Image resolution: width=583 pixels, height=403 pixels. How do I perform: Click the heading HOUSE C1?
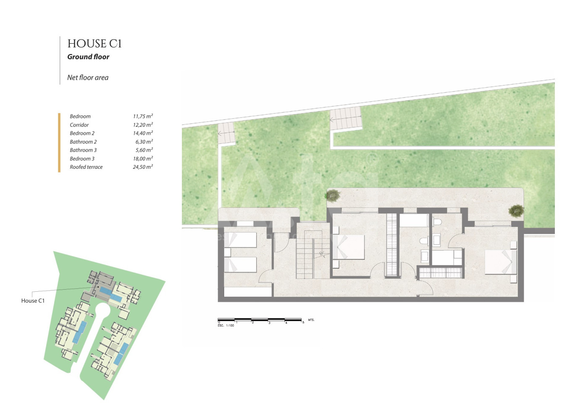[95, 43]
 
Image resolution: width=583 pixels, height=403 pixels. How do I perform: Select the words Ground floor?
[88, 57]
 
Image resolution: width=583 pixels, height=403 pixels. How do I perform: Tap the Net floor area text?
[88, 78]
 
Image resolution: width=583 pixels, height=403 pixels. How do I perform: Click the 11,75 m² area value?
[143, 116]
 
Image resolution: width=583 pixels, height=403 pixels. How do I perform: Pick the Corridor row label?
[79, 125]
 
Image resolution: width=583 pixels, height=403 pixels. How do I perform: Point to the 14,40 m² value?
[143, 133]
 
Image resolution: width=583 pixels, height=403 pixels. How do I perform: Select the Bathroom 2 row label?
[83, 142]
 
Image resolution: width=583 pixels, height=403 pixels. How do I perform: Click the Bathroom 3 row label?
[83, 150]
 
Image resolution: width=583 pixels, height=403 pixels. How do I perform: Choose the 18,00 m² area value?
[143, 158]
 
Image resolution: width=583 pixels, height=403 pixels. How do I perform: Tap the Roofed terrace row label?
[86, 167]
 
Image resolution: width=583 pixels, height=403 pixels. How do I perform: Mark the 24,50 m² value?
[143, 167]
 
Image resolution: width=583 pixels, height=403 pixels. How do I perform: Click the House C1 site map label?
[33, 301]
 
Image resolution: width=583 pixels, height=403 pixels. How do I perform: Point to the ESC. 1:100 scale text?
[226, 325]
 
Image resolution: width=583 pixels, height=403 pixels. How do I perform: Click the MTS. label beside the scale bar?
[311, 320]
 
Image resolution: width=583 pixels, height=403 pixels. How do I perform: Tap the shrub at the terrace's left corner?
[333, 195]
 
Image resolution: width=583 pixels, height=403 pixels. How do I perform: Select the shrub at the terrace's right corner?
[516, 210]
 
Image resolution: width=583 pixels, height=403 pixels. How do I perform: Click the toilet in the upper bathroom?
[437, 222]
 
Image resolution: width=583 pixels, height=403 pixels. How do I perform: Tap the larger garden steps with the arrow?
[346, 119]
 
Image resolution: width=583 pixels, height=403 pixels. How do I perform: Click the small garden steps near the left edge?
[226, 133]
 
